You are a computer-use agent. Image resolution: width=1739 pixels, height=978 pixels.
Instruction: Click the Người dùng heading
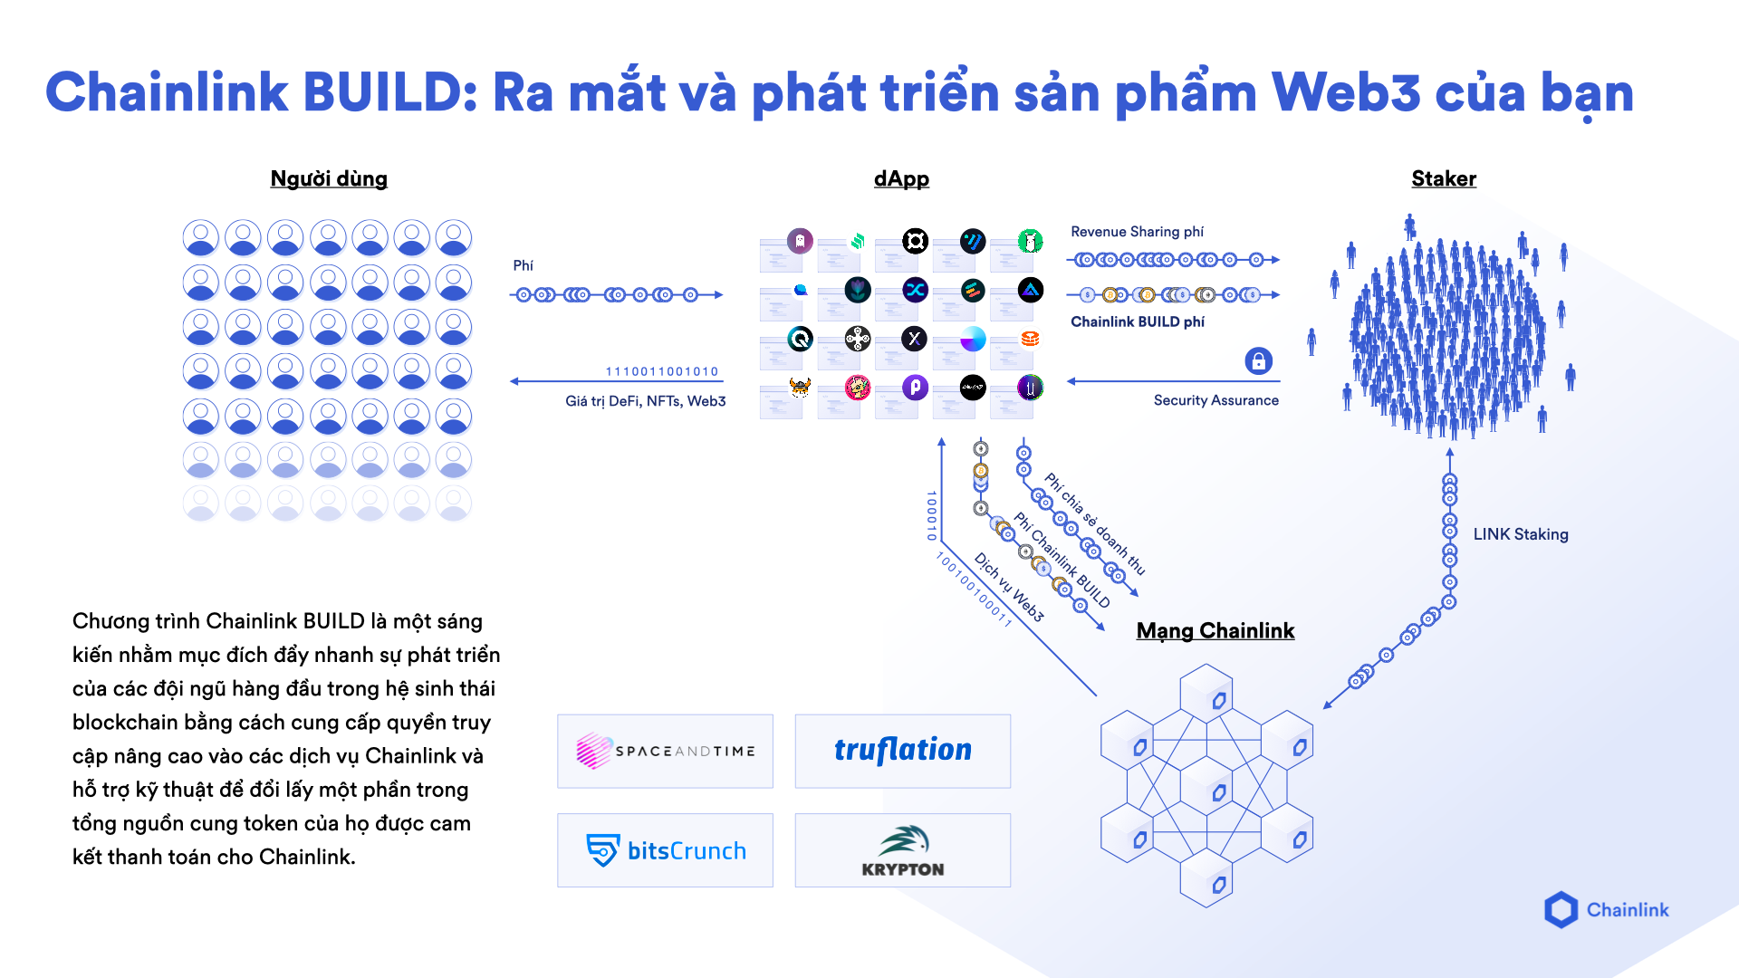(329, 178)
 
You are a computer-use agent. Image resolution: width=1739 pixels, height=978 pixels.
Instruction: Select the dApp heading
(901, 178)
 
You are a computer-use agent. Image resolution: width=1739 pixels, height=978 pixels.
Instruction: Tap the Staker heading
(1443, 178)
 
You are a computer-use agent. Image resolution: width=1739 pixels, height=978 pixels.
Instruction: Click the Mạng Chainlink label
(1215, 630)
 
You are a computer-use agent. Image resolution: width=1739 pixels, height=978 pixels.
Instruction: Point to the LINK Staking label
(1520, 534)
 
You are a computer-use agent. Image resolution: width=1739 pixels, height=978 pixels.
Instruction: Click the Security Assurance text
(1215, 400)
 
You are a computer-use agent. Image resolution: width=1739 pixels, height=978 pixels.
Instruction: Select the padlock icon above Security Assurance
(1258, 360)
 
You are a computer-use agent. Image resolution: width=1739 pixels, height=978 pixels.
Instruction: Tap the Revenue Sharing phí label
(1137, 232)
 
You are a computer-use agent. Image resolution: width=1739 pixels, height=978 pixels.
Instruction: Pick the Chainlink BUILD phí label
(1137, 321)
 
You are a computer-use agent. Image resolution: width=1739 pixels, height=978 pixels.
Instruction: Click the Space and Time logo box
(665, 751)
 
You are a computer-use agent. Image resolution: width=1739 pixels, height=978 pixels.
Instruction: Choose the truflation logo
(902, 751)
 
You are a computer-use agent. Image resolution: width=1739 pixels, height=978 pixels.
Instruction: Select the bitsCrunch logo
(665, 850)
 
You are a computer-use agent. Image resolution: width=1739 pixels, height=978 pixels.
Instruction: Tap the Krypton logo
(902, 850)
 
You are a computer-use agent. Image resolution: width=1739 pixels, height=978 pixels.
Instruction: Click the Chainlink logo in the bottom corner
(1606, 909)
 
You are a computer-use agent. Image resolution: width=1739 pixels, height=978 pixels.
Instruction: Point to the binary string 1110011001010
(661, 371)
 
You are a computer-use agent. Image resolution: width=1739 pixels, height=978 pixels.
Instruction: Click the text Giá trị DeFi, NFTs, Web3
(645, 401)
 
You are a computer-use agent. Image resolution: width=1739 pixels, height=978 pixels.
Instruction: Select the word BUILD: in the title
(390, 92)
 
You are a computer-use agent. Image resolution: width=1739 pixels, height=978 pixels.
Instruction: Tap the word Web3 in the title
(1345, 92)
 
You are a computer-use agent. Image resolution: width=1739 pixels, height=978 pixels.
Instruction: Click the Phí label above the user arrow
(523, 265)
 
